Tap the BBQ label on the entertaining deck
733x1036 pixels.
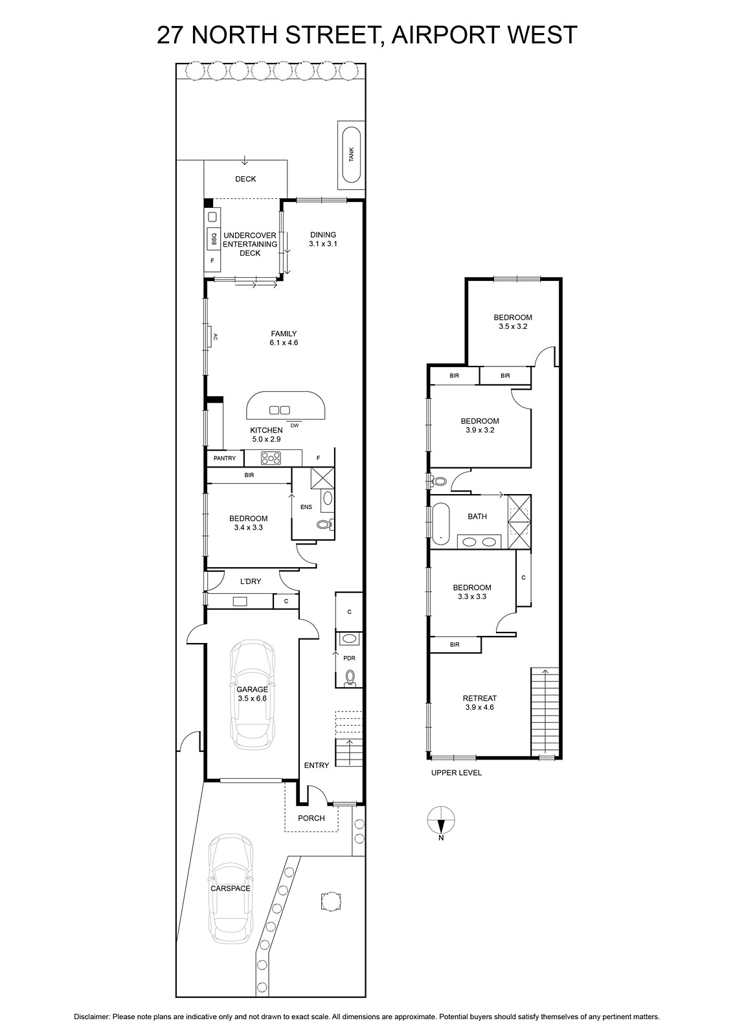(x=213, y=240)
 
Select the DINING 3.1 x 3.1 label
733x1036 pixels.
(x=323, y=240)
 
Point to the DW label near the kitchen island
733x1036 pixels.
(x=294, y=425)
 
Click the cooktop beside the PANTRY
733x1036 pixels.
(x=272, y=458)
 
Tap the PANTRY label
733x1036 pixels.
(x=225, y=458)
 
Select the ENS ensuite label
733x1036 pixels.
(x=306, y=507)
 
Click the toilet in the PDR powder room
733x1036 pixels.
(x=350, y=677)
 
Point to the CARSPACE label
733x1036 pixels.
(x=230, y=888)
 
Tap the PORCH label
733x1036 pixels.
(x=311, y=818)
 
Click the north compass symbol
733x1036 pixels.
(x=441, y=821)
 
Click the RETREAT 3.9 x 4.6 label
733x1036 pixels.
(x=480, y=703)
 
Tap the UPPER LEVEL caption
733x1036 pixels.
(x=457, y=773)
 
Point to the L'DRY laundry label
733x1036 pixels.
(x=251, y=581)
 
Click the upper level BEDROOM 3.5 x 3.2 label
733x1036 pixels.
(x=513, y=322)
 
